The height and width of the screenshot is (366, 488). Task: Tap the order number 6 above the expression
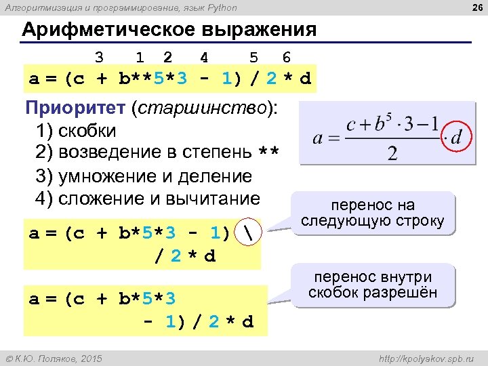287,57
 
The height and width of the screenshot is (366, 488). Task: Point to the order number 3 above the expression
99,57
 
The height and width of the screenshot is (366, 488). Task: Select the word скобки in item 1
87,130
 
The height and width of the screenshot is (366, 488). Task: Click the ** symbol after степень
269,153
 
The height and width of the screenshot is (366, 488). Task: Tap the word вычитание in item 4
216,199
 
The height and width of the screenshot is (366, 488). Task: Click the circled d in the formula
456,138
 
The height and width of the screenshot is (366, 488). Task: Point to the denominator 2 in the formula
392,154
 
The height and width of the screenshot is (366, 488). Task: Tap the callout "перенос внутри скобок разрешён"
372,285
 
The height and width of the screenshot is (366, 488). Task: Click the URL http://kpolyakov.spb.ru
428,357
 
